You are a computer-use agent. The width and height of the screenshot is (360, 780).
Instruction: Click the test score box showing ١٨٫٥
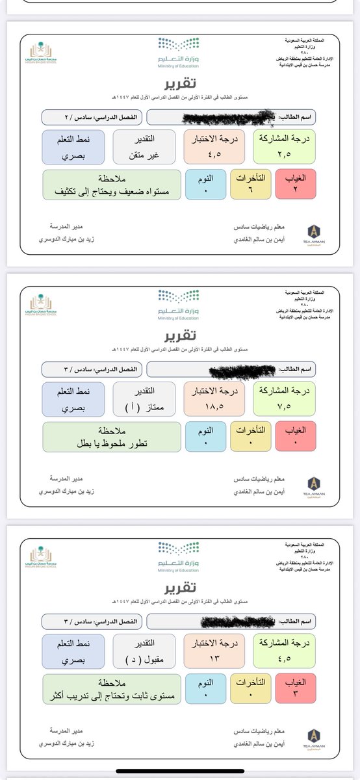(x=214, y=398)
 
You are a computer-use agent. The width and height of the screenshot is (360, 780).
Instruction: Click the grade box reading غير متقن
(x=144, y=146)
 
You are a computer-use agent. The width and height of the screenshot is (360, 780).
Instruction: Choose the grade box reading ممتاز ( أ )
(x=144, y=398)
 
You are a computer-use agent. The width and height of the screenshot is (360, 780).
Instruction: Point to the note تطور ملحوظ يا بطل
(x=111, y=436)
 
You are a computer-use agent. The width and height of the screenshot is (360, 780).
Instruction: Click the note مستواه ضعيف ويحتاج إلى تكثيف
(x=111, y=184)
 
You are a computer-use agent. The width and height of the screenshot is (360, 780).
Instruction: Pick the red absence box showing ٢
(x=296, y=184)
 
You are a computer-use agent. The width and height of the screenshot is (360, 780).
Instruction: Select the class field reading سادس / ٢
(x=91, y=117)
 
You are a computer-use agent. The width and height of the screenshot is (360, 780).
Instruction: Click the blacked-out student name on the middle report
(x=237, y=370)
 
